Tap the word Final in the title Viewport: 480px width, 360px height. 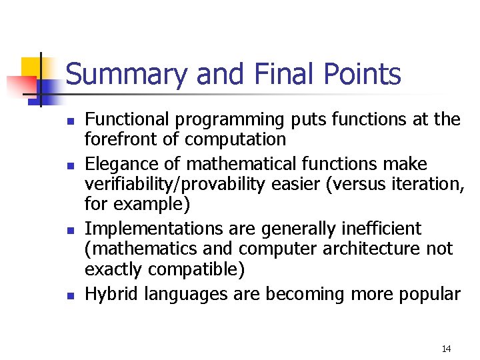click(x=279, y=74)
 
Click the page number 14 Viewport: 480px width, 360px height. click(x=446, y=349)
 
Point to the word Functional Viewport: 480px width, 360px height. click(x=129, y=120)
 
